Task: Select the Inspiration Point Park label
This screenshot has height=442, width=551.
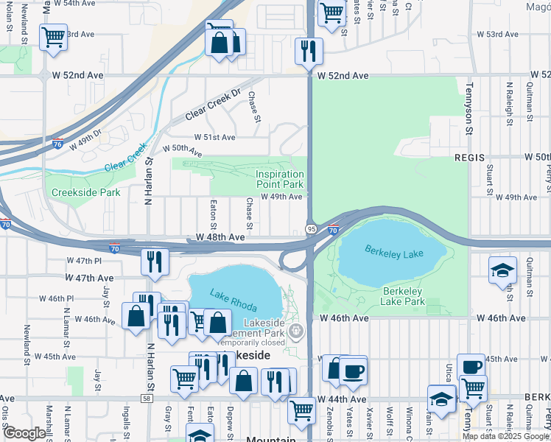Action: pos(279,179)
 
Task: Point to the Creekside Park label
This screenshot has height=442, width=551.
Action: pos(85,192)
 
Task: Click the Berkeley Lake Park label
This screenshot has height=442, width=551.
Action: pos(404,296)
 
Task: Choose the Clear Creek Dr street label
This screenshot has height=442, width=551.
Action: pos(213,105)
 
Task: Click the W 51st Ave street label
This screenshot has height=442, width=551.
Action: pos(214,137)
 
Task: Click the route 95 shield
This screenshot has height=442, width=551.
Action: pos(311,229)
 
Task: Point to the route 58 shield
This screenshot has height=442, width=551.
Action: pos(147,399)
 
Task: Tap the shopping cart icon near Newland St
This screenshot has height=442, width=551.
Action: pos(54,37)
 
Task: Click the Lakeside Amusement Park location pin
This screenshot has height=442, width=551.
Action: pos(296,331)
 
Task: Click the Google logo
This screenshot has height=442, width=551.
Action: pos(24,433)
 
